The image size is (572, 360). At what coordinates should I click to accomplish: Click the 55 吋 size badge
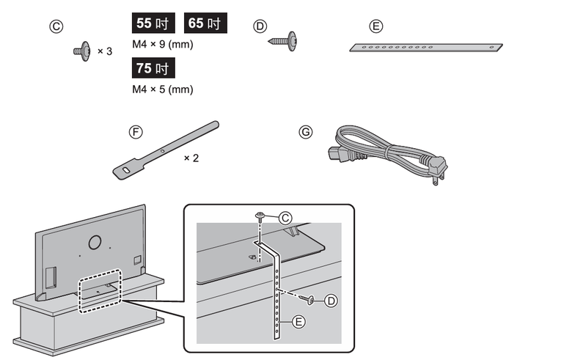pyautogui.click(x=154, y=23)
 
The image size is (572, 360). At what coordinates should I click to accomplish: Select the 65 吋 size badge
pyautogui.click(x=205, y=23)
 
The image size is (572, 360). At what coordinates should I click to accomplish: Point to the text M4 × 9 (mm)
pyautogui.click(x=162, y=45)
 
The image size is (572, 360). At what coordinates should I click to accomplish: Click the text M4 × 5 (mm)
pyautogui.click(x=162, y=89)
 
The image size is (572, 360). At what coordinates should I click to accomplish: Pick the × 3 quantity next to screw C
pyautogui.click(x=105, y=52)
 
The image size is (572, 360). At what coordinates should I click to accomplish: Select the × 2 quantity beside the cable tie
pyautogui.click(x=191, y=158)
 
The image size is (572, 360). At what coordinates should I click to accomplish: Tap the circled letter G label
pyautogui.click(x=306, y=132)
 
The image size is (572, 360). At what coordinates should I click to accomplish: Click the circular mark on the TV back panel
pyautogui.click(x=94, y=241)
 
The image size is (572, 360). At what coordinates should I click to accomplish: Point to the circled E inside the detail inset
pyautogui.click(x=298, y=321)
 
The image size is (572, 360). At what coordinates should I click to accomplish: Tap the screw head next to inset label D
pyautogui.click(x=312, y=299)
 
